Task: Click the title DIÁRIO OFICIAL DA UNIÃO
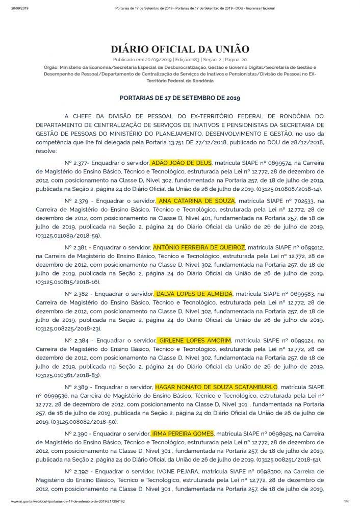179,49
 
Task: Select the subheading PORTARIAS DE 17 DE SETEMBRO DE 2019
179,97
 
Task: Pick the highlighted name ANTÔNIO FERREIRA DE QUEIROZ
198,247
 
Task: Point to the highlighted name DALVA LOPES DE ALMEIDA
193,294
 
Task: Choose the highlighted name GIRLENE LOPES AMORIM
195,340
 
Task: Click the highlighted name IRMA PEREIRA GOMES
183,433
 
